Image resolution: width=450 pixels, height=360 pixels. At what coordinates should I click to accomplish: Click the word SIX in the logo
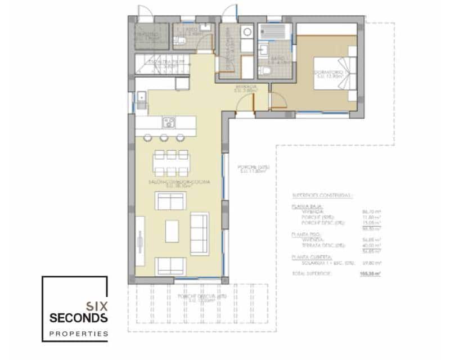(x=96, y=307)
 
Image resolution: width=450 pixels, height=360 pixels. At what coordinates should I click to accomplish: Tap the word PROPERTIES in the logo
(x=79, y=334)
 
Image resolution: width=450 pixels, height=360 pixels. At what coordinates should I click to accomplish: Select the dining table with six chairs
(x=170, y=163)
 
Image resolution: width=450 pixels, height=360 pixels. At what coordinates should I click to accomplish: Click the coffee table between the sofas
(x=172, y=231)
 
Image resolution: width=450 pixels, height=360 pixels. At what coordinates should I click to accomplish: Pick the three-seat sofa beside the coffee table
(x=199, y=233)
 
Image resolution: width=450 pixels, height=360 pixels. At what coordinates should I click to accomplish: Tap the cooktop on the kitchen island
(x=169, y=122)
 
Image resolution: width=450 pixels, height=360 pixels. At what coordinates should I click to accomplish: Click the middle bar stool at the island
(x=164, y=137)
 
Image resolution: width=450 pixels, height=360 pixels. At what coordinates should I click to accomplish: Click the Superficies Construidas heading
(x=322, y=196)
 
